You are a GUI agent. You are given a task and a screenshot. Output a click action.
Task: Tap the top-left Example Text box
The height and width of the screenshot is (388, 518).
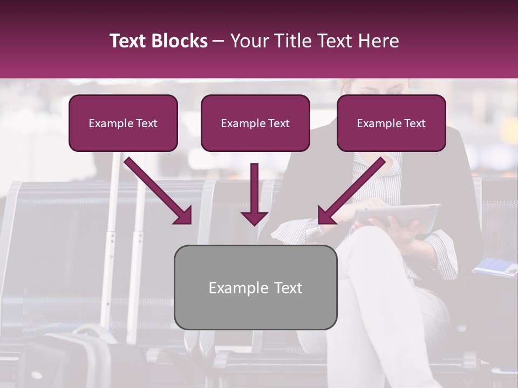click(123, 123)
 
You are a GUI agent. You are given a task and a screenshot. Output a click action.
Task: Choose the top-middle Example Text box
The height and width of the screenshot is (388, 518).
click(255, 123)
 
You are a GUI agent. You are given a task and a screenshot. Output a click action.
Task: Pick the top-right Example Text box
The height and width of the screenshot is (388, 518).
click(391, 123)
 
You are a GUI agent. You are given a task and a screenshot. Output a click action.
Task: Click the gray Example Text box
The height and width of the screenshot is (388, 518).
click(255, 287)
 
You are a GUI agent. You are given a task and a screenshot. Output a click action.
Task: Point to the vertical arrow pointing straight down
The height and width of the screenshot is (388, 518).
click(254, 194)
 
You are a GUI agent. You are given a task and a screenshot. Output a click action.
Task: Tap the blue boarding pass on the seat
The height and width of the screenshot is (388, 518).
click(495, 267)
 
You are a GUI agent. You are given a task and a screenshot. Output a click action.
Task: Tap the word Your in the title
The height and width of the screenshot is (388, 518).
click(249, 41)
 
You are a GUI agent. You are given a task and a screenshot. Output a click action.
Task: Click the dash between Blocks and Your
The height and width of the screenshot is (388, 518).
click(219, 41)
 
